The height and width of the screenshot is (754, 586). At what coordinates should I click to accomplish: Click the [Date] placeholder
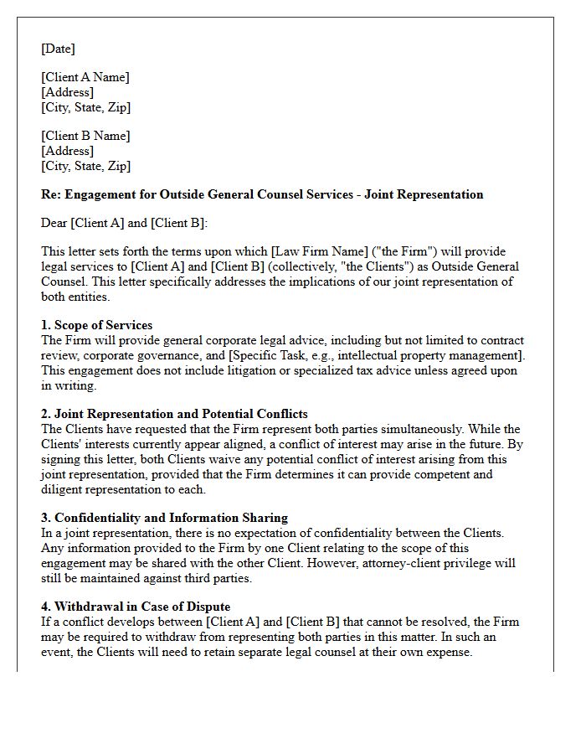pos(58,49)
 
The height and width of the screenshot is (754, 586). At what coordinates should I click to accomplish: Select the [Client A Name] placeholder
pos(85,77)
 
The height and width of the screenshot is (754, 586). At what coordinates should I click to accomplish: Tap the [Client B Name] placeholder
pos(85,136)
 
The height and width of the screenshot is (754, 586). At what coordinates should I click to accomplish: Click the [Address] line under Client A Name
pos(67,92)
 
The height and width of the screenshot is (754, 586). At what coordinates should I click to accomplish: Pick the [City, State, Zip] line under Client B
pos(85,166)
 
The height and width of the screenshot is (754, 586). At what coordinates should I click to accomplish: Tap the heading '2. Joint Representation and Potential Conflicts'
pos(174,414)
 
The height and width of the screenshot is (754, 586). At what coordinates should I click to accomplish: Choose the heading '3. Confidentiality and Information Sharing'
pos(164,518)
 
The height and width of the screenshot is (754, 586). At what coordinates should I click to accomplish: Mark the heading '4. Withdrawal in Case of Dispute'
pos(136,607)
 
